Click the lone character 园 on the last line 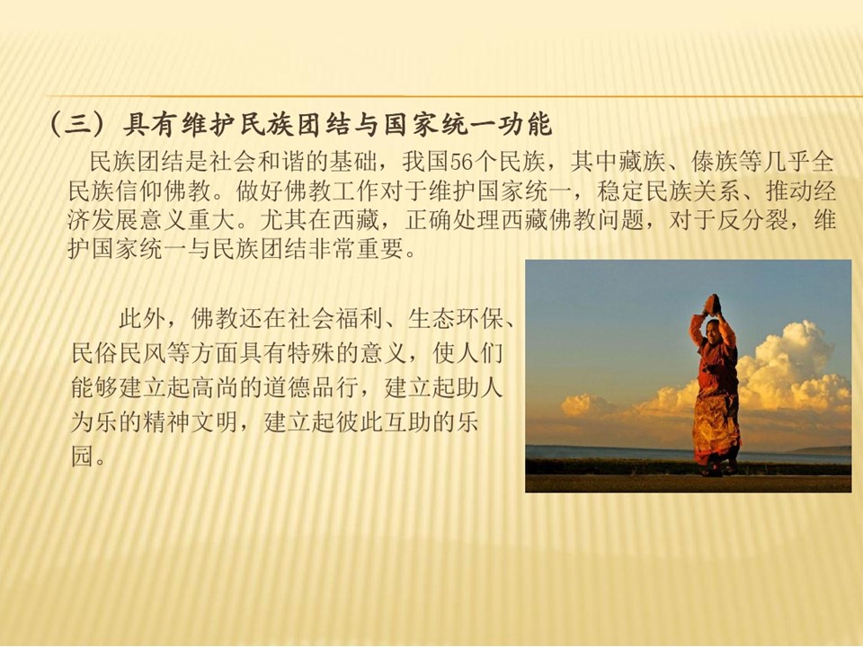pyautogui.click(x=83, y=456)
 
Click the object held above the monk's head pyautogui.click(x=713, y=304)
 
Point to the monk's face pyautogui.click(x=712, y=330)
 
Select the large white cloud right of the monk pyautogui.click(x=793, y=368)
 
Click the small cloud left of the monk pyautogui.click(x=584, y=405)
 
